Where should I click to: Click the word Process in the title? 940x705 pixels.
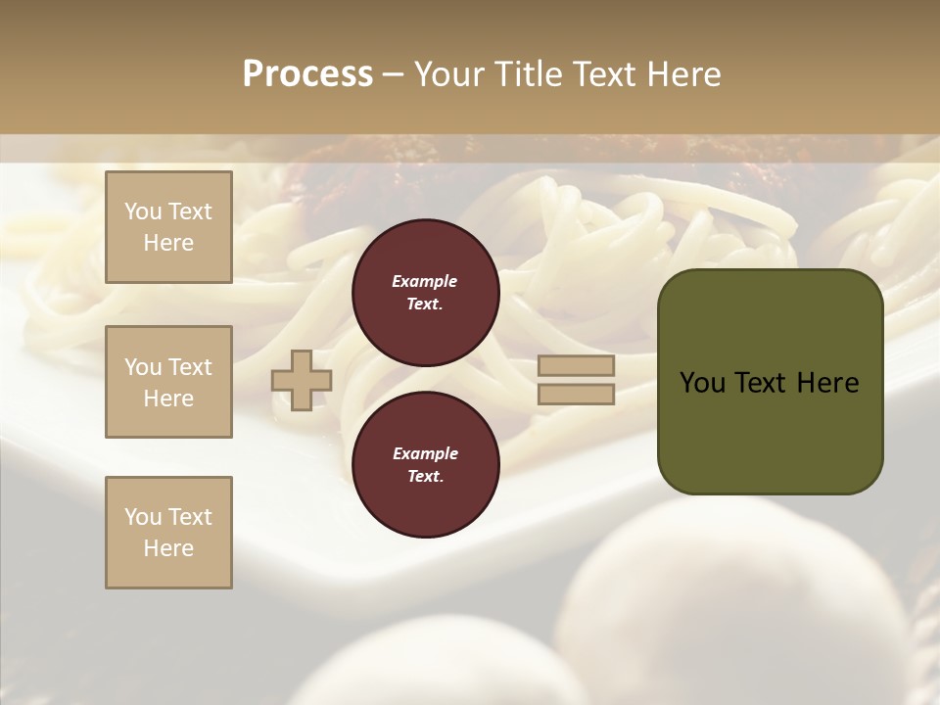(307, 74)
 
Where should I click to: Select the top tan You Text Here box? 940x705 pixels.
(168, 227)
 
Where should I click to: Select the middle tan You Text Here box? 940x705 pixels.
(168, 382)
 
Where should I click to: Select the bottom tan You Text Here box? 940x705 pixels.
(168, 533)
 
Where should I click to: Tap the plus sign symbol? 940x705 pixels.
(302, 380)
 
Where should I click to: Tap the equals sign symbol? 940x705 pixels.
(576, 380)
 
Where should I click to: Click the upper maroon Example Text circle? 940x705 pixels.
(425, 293)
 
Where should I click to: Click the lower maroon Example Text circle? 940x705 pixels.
(425, 465)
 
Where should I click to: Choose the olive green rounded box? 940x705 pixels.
(770, 382)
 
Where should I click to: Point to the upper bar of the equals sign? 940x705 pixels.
(576, 366)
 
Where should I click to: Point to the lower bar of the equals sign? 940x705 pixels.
(576, 395)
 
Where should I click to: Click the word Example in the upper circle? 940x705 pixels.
(425, 281)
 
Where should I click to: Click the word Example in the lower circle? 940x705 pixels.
(425, 453)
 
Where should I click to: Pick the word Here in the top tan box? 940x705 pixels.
(168, 243)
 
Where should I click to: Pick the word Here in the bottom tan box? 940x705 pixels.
(168, 548)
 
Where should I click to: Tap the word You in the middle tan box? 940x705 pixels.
(142, 367)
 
